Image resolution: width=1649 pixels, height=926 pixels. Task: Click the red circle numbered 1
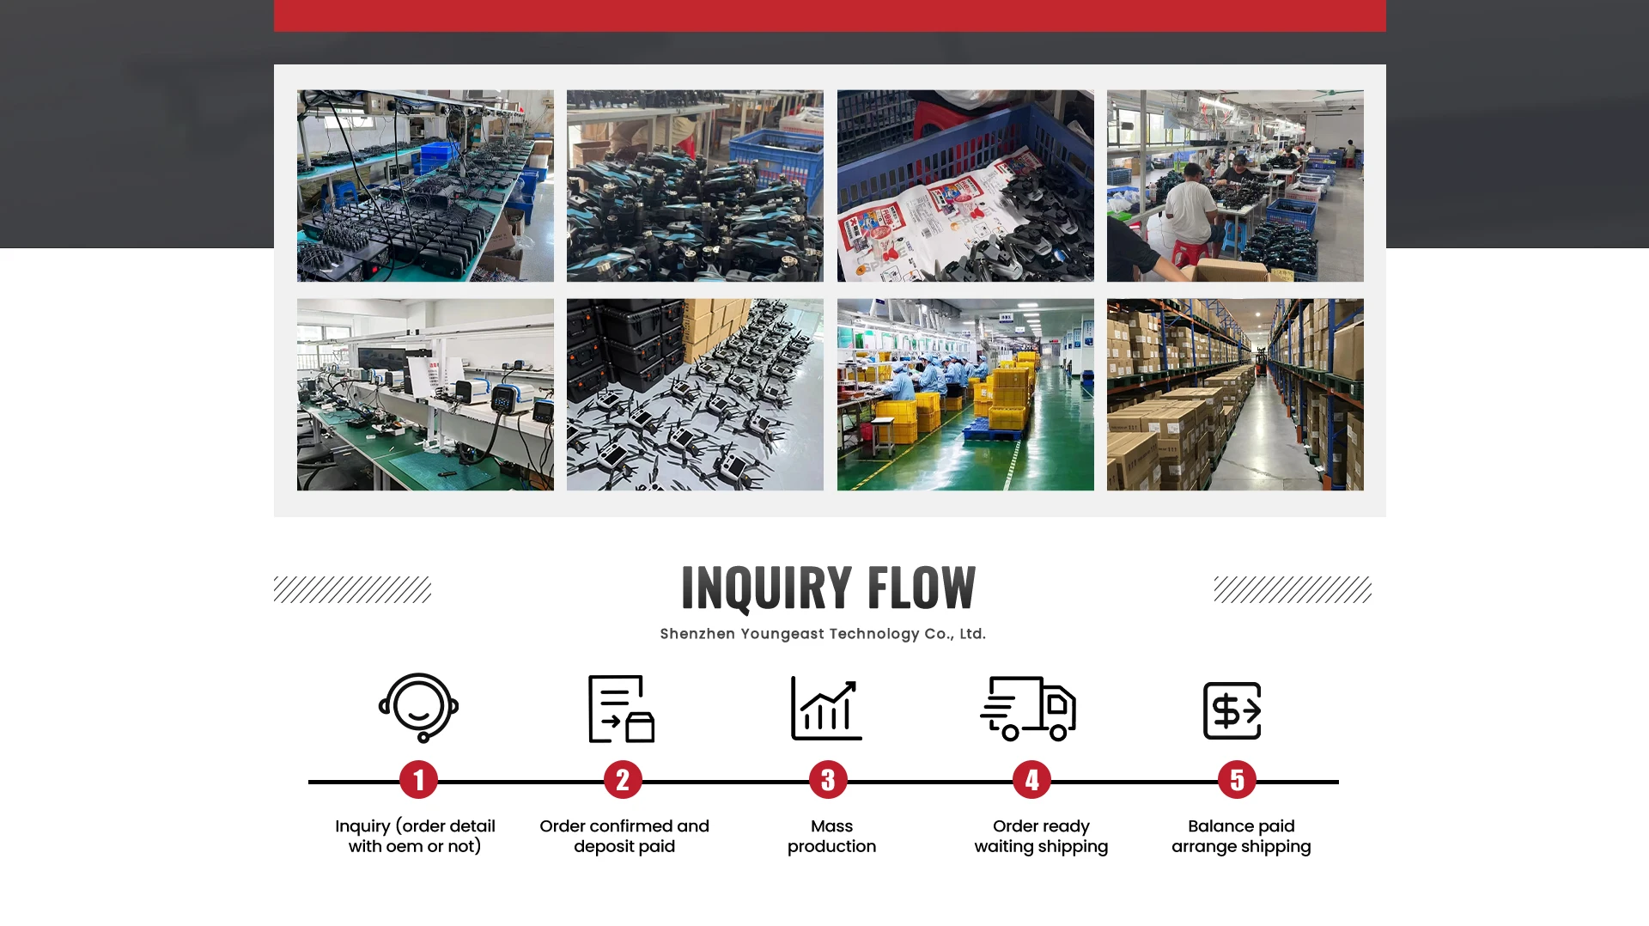[418, 780]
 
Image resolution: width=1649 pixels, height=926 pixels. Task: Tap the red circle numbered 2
[623, 780]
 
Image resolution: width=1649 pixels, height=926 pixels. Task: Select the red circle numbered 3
[828, 780]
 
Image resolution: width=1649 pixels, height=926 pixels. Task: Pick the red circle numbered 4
[1031, 780]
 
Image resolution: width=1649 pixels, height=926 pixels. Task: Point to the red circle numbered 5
[1237, 780]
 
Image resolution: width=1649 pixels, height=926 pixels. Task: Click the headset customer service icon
[418, 708]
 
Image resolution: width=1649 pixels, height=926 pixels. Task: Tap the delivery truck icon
[1028, 709]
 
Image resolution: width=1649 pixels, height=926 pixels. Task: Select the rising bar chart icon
[826, 709]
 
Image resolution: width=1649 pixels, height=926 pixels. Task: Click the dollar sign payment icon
[1232, 710]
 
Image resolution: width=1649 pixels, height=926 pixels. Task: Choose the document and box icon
[621, 709]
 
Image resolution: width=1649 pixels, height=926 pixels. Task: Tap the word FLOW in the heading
[921, 588]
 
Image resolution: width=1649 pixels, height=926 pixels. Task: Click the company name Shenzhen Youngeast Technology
[822, 634]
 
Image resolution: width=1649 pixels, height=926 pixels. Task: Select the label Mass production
[831, 836]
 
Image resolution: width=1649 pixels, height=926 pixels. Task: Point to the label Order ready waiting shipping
[1041, 836]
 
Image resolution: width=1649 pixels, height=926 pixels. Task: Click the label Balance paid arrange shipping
[1241, 836]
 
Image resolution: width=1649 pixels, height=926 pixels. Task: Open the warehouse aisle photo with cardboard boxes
[1234, 394]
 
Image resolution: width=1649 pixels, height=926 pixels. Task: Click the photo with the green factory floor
[965, 394]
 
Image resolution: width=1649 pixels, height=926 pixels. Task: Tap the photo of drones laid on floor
[695, 394]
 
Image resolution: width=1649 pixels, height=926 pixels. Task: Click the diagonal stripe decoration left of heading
[352, 589]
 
